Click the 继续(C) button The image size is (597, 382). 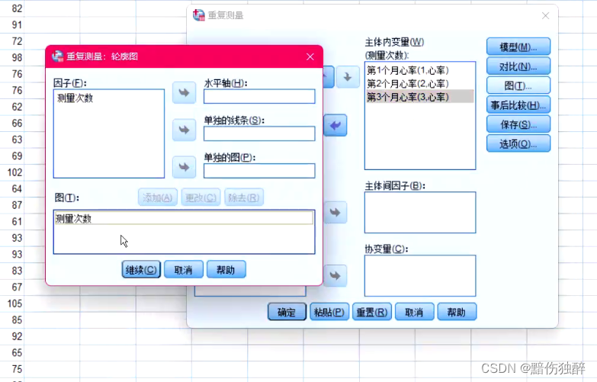(x=141, y=269)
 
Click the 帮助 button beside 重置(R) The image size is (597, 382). (x=456, y=312)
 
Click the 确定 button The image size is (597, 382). (x=287, y=312)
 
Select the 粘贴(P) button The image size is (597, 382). (x=329, y=312)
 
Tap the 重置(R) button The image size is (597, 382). (x=372, y=312)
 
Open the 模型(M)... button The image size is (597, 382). (x=518, y=47)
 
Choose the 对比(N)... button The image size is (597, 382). (x=518, y=66)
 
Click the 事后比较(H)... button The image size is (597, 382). (x=518, y=105)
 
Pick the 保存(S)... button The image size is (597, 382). (x=518, y=124)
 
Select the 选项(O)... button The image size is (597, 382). (x=518, y=143)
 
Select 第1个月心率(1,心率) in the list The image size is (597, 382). (x=408, y=71)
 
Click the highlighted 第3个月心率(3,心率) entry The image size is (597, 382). (x=408, y=96)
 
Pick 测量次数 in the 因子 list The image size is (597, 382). (x=75, y=98)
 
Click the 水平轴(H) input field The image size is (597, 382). (x=259, y=97)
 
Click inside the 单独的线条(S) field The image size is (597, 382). (x=259, y=134)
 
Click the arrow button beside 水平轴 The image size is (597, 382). (x=183, y=93)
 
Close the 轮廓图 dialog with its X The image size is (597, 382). (x=310, y=56)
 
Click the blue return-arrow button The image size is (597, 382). (x=335, y=125)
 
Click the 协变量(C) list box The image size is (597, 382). (x=420, y=275)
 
